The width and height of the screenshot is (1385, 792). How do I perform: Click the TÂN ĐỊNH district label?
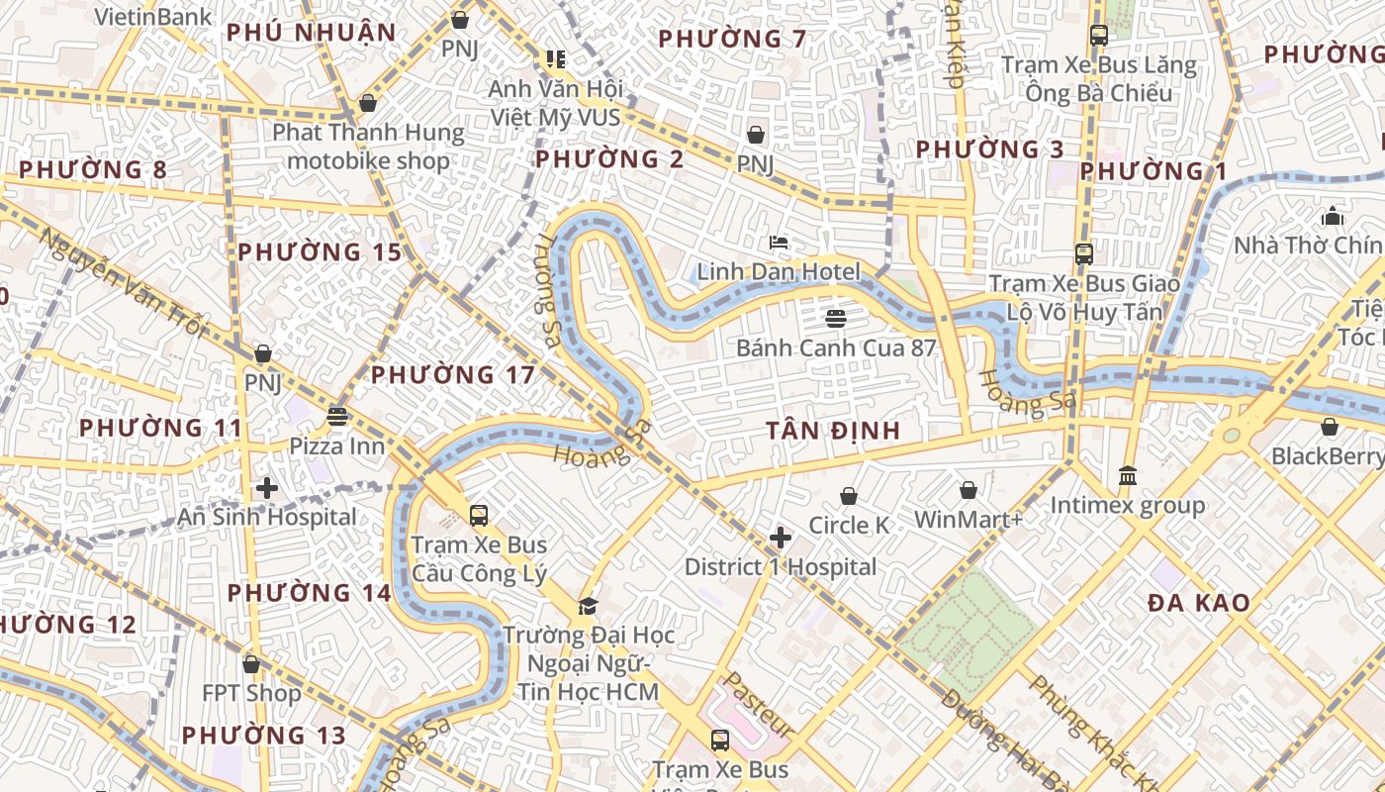[833, 431]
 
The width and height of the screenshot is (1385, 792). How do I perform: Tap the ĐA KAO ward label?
[1199, 603]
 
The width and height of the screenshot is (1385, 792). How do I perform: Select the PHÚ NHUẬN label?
[311, 33]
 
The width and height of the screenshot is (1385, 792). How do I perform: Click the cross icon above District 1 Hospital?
[781, 538]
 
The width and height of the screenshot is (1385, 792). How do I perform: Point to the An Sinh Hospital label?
[266, 517]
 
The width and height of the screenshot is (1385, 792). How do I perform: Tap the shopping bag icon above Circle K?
[849, 496]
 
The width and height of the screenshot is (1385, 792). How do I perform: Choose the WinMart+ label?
[969, 520]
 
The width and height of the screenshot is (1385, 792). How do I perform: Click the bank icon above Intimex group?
[1127, 476]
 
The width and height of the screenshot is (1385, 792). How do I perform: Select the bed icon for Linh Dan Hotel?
[779, 242]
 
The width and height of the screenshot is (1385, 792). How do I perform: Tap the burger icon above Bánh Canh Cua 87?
[836, 318]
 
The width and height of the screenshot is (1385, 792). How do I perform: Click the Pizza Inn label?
[336, 446]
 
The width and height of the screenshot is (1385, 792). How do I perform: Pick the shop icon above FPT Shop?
[251, 663]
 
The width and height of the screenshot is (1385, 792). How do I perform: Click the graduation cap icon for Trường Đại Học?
[588, 605]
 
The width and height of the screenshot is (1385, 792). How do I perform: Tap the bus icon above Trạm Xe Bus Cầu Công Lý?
[479, 515]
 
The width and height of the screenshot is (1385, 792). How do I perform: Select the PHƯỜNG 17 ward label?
[452, 375]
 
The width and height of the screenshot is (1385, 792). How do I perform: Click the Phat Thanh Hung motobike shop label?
[368, 147]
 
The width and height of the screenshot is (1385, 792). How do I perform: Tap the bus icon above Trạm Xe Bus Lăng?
[1098, 36]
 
